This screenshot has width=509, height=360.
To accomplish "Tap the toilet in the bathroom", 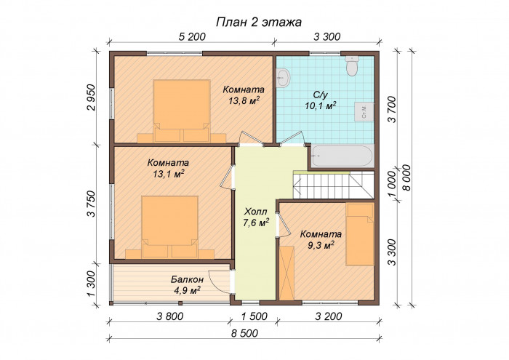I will pyautogui.click(x=353, y=68).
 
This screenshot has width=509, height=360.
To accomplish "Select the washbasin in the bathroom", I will pyautogui.click(x=284, y=76).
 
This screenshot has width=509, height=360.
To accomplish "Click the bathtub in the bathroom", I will pyautogui.click(x=342, y=155).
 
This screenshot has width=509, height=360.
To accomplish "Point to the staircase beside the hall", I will pyautogui.click(x=332, y=184).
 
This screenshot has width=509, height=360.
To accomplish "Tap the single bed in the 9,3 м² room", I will pyautogui.click(x=359, y=234).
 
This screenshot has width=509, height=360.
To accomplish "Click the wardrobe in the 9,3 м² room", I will pyautogui.click(x=286, y=273).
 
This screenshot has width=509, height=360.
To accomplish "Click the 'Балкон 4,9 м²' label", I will pyautogui.click(x=187, y=284).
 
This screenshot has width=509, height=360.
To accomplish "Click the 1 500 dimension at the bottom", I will pyautogui.click(x=254, y=316).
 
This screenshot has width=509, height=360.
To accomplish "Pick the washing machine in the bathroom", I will pyautogui.click(x=364, y=111).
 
